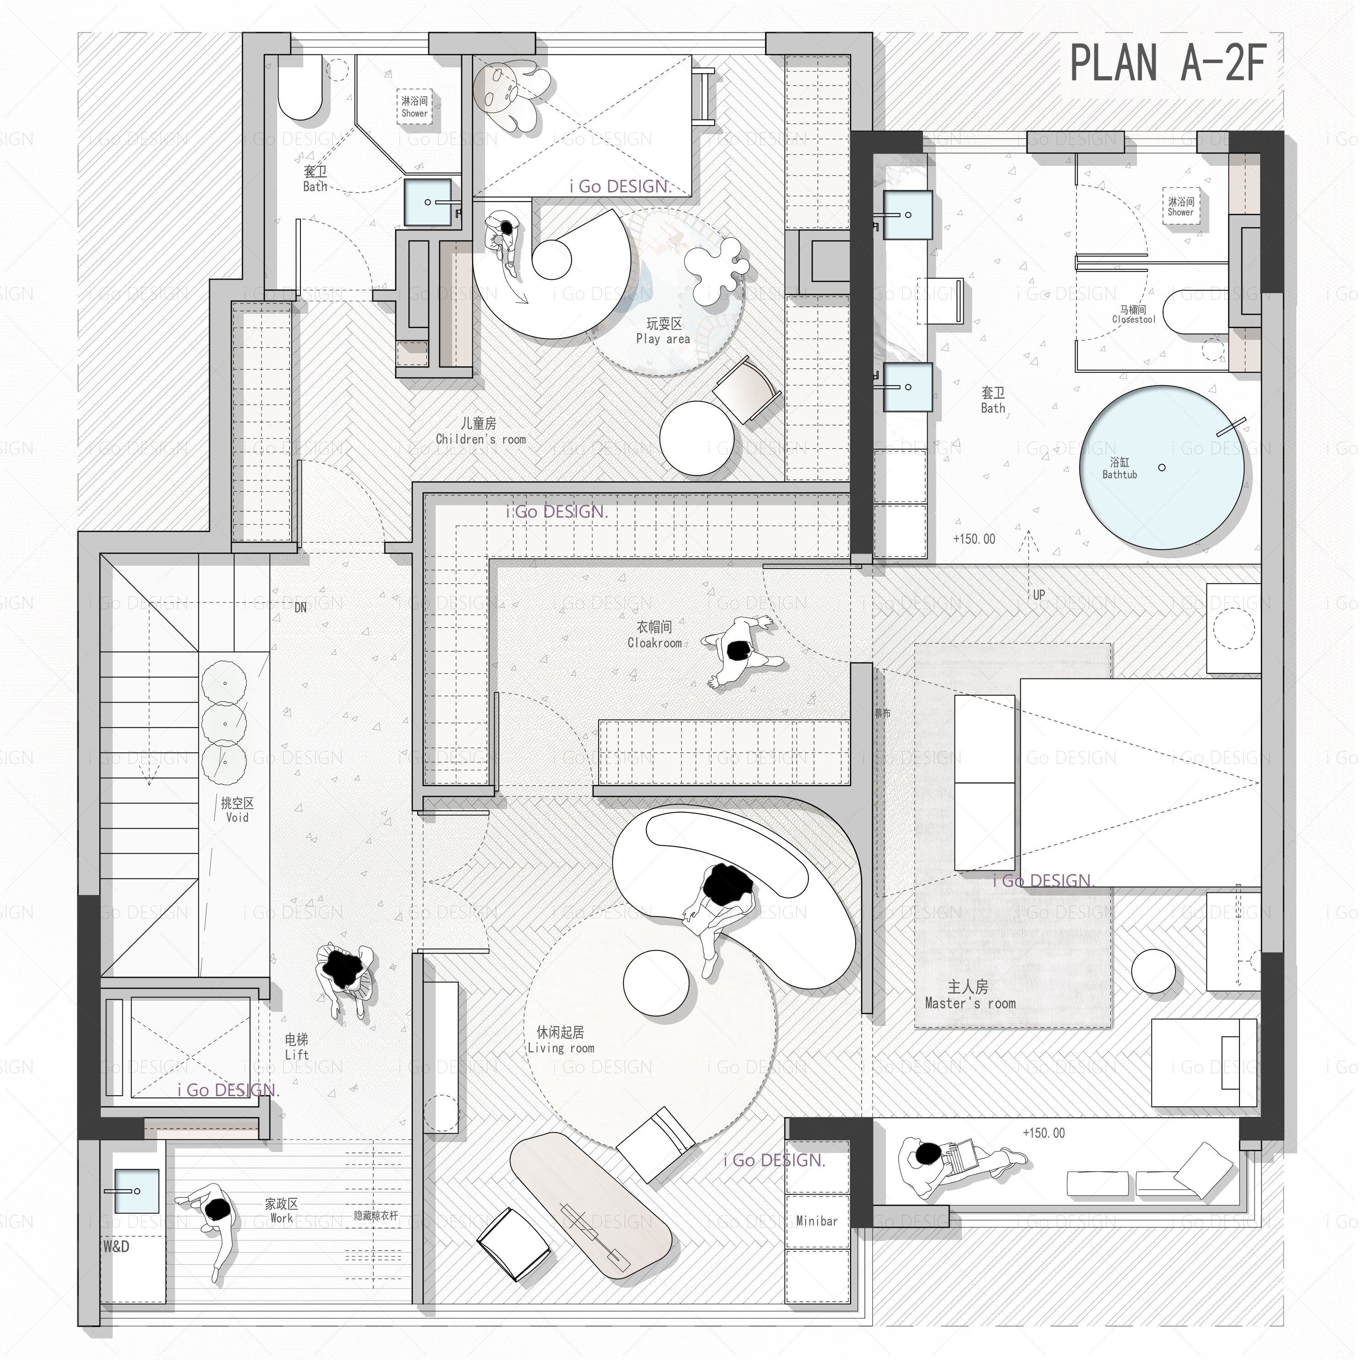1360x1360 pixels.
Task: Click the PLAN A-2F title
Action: (x=1169, y=63)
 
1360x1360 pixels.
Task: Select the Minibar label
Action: (x=817, y=1221)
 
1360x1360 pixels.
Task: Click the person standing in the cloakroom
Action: (x=739, y=651)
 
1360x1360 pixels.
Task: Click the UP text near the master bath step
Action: (x=1039, y=595)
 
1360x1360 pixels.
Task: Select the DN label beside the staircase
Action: (x=300, y=607)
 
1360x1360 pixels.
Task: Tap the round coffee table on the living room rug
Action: (x=656, y=984)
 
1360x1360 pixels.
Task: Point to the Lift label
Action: (x=296, y=1047)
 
